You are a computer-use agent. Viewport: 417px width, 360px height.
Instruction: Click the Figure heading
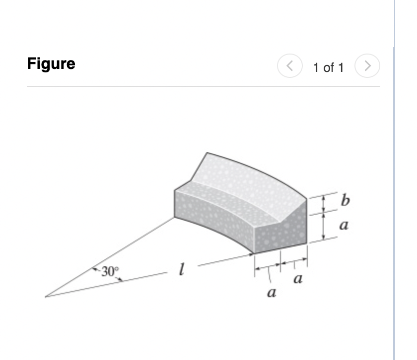51,64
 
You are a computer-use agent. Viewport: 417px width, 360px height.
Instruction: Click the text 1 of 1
328,67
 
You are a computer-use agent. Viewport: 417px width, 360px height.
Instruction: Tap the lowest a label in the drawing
271,294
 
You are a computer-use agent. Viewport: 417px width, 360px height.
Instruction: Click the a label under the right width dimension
298,280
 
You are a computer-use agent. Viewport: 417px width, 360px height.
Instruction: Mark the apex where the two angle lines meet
45,297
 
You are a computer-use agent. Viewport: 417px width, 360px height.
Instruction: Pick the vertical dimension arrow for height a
323,226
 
